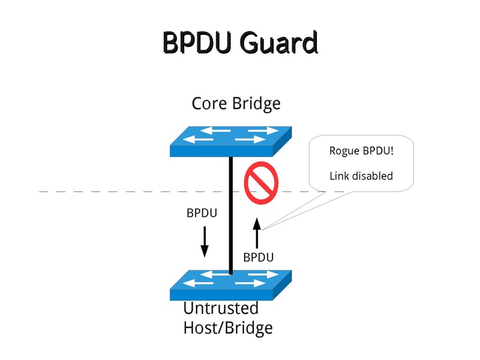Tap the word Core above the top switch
[x=209, y=103]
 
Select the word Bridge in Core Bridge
[x=256, y=103]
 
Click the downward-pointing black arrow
[x=204, y=241]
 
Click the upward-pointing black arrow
[x=257, y=234]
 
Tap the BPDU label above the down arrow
[x=202, y=213]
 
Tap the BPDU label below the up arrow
[x=259, y=257]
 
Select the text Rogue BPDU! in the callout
[x=362, y=151]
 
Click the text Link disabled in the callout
[x=361, y=176]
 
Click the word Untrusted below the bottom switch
[x=220, y=308]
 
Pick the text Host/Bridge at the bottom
[x=227, y=328]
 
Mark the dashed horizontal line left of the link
[x=120, y=191]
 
